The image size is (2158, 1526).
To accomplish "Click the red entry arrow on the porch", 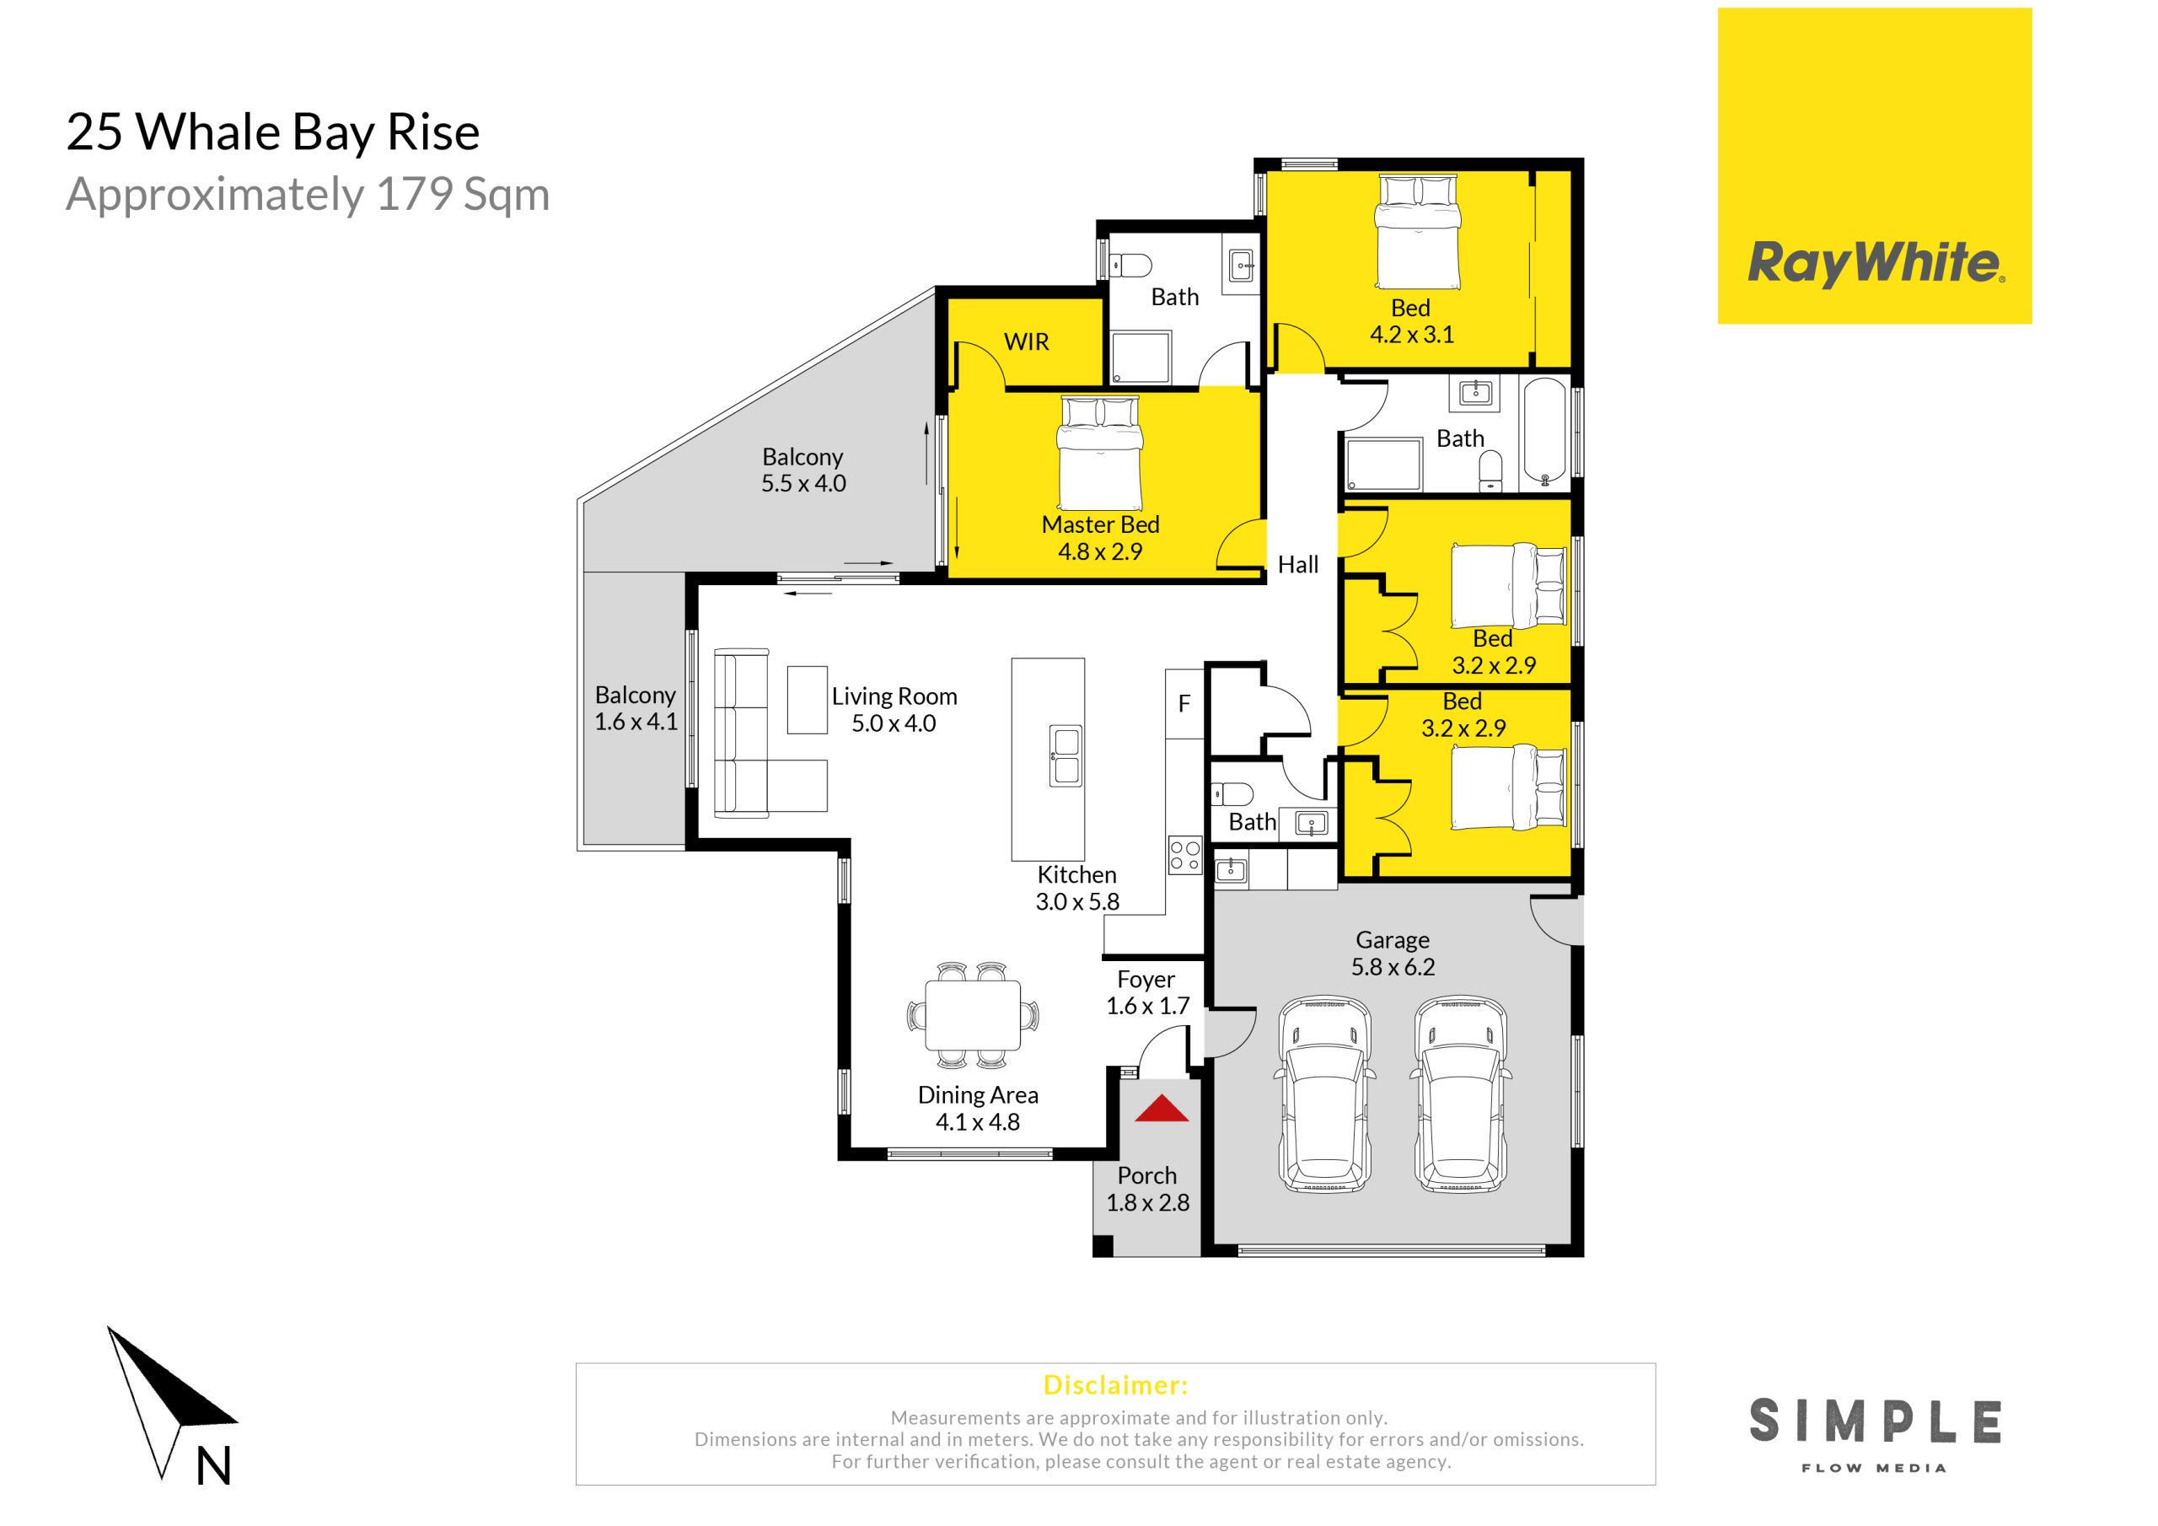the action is pyautogui.click(x=1162, y=1109).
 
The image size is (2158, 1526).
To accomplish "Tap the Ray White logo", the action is pyautogui.click(x=1875, y=166).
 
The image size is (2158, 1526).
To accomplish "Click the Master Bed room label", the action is pyautogui.click(x=1101, y=524).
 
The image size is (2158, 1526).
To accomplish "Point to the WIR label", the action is pyautogui.click(x=1027, y=342).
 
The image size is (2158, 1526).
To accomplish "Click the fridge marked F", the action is pyautogui.click(x=1184, y=703).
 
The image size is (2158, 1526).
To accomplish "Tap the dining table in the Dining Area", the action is pyautogui.click(x=973, y=1015).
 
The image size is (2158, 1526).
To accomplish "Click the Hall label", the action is pyautogui.click(x=1298, y=565).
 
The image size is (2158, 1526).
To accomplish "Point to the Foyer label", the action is pyautogui.click(x=1146, y=980).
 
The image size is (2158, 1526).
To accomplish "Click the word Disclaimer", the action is pyautogui.click(x=1115, y=1385).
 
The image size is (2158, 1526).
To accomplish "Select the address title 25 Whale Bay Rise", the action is pyautogui.click(x=272, y=132).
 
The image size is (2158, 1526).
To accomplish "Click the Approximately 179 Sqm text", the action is pyautogui.click(x=308, y=195).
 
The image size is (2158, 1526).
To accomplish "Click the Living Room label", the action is pyautogui.click(x=894, y=696).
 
